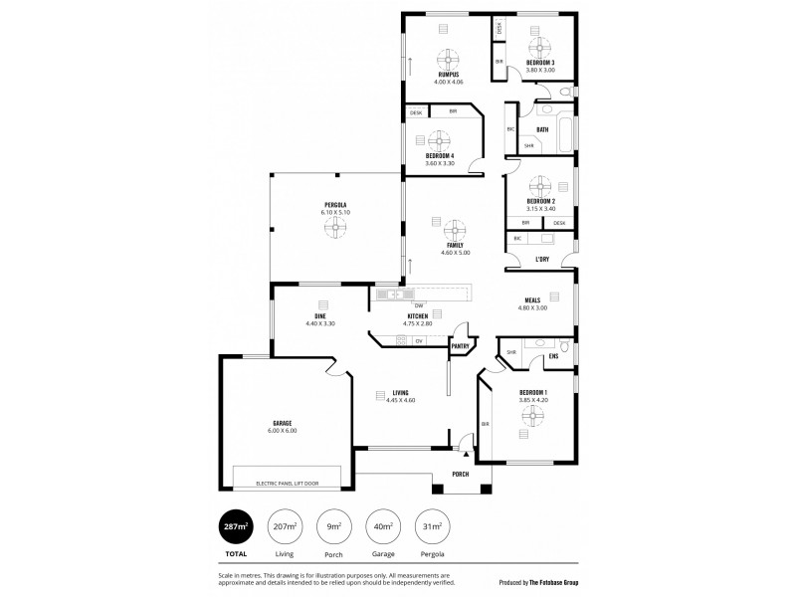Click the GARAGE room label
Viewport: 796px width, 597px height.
click(282, 423)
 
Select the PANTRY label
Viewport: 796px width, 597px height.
click(461, 346)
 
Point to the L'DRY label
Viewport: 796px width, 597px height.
click(542, 260)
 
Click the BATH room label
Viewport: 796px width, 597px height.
click(542, 129)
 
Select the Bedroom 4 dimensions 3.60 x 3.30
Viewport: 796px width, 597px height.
click(440, 163)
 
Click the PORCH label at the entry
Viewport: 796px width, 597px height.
click(461, 475)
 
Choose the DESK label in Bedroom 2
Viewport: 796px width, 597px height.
click(559, 223)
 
